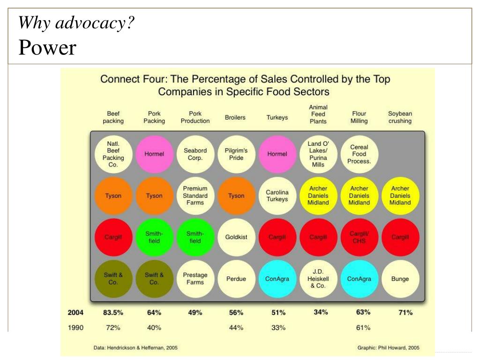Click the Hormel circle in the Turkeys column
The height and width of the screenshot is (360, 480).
click(x=277, y=154)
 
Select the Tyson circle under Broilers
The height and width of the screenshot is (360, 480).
click(x=236, y=195)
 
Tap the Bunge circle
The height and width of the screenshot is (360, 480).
click(x=400, y=279)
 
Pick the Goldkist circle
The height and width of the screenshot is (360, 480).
click(x=236, y=237)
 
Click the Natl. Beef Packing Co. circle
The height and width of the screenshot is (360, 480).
click(x=113, y=154)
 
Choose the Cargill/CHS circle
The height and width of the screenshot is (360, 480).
click(x=359, y=237)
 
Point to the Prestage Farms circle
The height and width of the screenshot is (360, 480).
click(x=195, y=279)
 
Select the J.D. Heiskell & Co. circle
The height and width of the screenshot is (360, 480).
click(x=318, y=279)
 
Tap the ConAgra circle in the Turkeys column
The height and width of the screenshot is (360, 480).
click(x=277, y=279)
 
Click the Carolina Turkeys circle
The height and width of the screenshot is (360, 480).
click(x=277, y=195)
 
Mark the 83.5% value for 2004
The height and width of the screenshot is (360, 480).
click(x=113, y=313)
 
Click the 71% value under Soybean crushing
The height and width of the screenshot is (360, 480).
click(x=405, y=313)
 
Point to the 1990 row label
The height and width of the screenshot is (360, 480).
click(x=76, y=328)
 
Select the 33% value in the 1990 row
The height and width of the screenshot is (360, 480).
click(x=278, y=328)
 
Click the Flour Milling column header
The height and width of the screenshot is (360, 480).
click(x=359, y=117)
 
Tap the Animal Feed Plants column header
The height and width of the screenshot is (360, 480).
click(x=318, y=114)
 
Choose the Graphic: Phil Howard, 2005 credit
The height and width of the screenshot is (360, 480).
click(x=388, y=348)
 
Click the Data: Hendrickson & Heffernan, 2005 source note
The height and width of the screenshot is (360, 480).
click(x=135, y=348)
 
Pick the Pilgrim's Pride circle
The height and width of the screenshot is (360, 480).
click(x=236, y=154)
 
